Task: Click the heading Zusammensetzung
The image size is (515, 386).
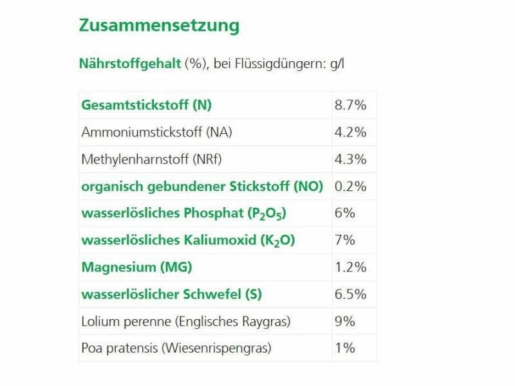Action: [x=159, y=26]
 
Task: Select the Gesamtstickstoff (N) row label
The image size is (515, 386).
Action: [x=146, y=105]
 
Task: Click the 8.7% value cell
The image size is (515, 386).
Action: [x=350, y=105]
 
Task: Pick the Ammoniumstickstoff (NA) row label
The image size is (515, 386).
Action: [x=156, y=132]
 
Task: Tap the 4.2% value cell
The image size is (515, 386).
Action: [x=350, y=132]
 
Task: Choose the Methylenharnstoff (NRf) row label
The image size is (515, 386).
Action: [x=151, y=159]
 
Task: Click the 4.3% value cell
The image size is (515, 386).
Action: [x=350, y=159]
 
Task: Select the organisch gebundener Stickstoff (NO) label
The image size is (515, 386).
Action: [x=202, y=187]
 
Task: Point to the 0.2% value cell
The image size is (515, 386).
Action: [x=350, y=187]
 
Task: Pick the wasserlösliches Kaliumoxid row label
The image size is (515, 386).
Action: [x=188, y=241]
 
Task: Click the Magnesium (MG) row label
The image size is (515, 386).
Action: [x=136, y=267]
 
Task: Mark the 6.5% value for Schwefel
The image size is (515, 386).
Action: [x=350, y=294]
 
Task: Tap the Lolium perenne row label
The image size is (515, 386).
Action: [x=186, y=321]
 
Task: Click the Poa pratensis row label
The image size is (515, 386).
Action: [x=176, y=348]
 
